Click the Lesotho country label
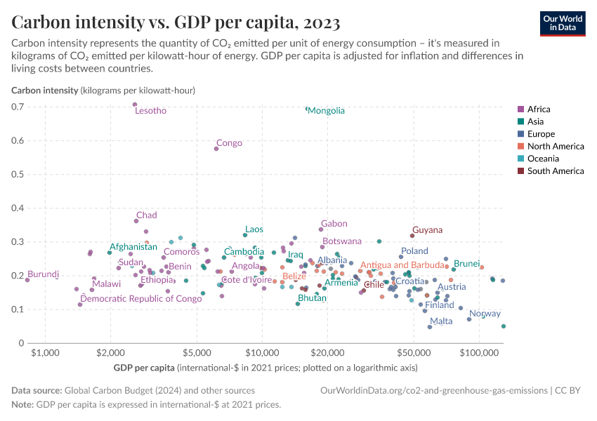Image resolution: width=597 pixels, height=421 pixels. [x=150, y=111]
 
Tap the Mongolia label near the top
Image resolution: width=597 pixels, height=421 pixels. [x=327, y=111]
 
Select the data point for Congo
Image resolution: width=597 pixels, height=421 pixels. [x=216, y=149]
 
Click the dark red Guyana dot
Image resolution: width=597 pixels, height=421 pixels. [x=412, y=235]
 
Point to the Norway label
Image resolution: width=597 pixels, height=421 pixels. [x=485, y=314]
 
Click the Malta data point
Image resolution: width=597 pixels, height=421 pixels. [x=430, y=327]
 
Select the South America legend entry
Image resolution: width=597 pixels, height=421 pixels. [x=555, y=171]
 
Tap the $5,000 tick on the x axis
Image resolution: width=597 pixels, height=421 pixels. [x=197, y=352]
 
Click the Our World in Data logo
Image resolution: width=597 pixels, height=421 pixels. [x=563, y=22]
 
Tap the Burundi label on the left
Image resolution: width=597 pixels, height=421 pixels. [x=44, y=274]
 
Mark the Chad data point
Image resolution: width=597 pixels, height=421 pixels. [x=136, y=221]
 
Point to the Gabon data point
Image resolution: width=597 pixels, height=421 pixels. [x=321, y=229]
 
